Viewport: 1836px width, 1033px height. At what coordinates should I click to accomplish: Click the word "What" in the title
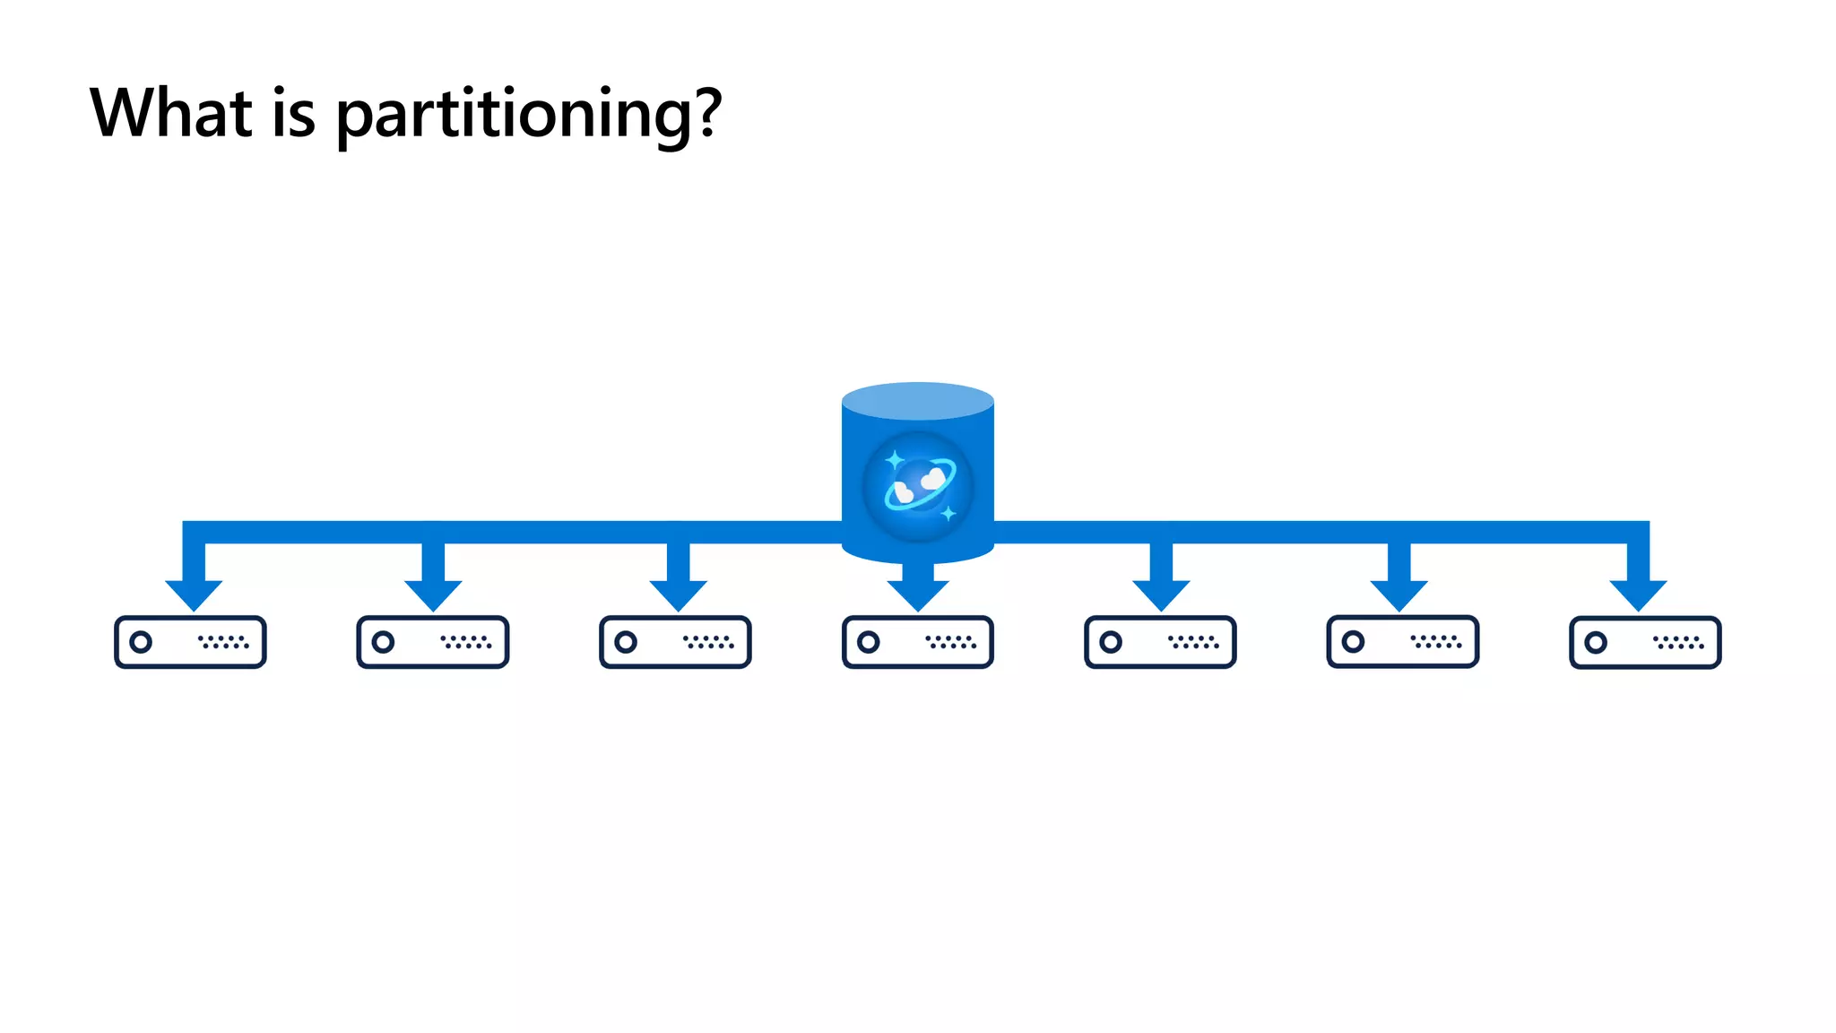(x=171, y=113)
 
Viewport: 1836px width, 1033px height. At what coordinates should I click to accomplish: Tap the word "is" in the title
(x=293, y=115)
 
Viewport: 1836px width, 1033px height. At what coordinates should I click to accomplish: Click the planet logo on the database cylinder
(x=918, y=487)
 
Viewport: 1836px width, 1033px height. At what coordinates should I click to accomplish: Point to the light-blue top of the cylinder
(x=918, y=401)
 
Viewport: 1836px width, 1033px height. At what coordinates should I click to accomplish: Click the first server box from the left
(x=190, y=642)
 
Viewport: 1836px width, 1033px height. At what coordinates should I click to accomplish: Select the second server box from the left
(x=433, y=642)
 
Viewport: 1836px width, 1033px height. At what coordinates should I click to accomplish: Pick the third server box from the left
(x=675, y=642)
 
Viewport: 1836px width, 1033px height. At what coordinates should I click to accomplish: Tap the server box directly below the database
(x=918, y=642)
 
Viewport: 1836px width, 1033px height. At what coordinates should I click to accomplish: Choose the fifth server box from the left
(x=1160, y=642)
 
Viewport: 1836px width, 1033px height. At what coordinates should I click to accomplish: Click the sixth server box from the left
(x=1403, y=642)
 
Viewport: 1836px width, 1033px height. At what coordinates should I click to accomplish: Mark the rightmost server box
(x=1645, y=642)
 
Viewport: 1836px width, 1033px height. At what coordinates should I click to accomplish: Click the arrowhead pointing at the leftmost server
(x=194, y=594)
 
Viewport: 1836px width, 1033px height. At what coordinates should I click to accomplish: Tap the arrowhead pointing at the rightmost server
(x=1638, y=594)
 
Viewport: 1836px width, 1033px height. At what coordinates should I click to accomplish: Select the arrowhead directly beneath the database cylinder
(x=918, y=594)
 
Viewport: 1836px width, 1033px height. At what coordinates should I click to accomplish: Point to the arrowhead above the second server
(x=433, y=594)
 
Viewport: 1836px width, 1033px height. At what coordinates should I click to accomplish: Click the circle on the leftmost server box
(x=141, y=642)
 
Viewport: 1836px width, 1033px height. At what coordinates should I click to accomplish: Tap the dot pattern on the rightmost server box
(x=1678, y=642)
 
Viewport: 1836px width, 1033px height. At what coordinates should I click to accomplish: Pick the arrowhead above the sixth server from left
(x=1399, y=594)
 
